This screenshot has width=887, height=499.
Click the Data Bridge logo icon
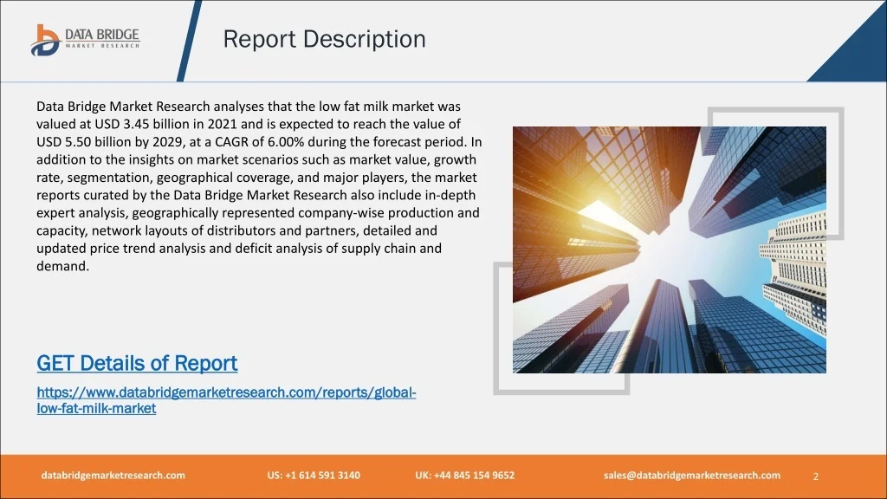pyautogui.click(x=45, y=40)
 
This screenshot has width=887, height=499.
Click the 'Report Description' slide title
pyautogui.click(x=324, y=39)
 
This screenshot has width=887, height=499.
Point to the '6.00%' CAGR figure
pyautogui.click(x=286, y=141)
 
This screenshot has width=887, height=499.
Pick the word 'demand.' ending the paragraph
pyautogui.click(x=62, y=266)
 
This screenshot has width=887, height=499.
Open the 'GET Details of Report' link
pyautogui.click(x=137, y=363)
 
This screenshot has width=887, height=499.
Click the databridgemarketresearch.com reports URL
pyautogui.click(x=226, y=400)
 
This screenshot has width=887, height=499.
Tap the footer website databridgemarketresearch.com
pyautogui.click(x=113, y=476)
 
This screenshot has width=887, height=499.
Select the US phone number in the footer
pyautogui.click(x=314, y=476)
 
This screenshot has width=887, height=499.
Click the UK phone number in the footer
pyautogui.click(x=465, y=476)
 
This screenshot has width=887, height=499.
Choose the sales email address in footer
pyautogui.click(x=692, y=476)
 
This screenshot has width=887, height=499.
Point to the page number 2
pyautogui.click(x=816, y=476)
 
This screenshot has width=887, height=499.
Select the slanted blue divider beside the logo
pyautogui.click(x=189, y=41)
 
